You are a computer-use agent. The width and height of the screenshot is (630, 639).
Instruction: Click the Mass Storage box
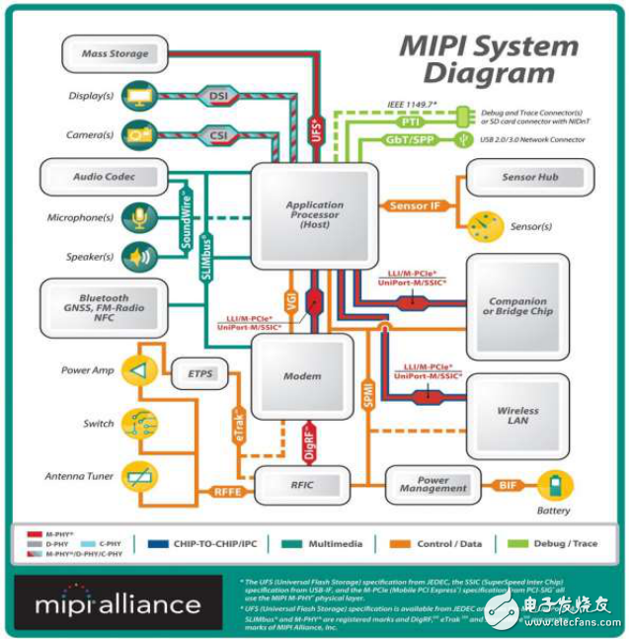tap(116, 53)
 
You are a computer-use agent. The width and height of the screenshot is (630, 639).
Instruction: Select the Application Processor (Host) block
tap(314, 215)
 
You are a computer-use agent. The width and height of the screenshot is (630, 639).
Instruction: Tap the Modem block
tap(301, 377)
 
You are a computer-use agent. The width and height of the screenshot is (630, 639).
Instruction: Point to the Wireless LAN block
tap(517, 415)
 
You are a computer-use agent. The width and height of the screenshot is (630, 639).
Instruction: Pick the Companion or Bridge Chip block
tap(517, 306)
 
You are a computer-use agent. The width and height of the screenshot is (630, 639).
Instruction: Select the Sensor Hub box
tap(530, 177)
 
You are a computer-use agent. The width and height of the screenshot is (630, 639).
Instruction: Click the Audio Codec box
tap(103, 177)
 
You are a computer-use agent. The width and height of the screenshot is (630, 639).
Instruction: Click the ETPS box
tap(199, 374)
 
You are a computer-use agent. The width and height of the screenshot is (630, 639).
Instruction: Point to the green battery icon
tap(560, 485)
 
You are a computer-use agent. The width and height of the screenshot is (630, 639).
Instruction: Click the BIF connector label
tap(507, 485)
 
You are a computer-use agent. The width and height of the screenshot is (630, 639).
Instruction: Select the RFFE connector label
tap(229, 488)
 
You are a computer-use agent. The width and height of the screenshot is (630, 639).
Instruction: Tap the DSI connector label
tap(217, 96)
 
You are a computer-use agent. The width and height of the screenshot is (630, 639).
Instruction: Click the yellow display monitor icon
tap(136, 96)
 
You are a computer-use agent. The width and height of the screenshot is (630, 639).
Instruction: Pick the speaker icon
tap(136, 256)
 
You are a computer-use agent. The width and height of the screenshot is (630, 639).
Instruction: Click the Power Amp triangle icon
tap(139, 370)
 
